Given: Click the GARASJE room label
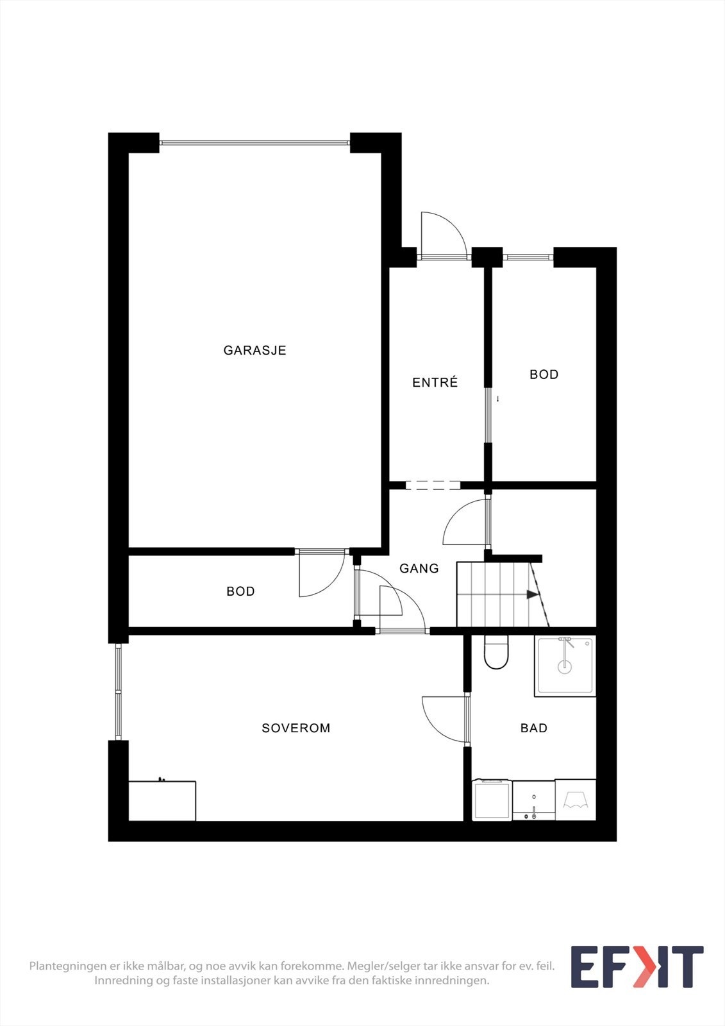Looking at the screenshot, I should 254,350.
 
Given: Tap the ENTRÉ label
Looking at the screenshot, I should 435,383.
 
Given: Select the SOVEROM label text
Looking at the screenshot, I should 296,728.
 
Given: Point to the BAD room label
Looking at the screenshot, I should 533,728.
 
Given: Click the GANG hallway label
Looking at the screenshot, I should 419,568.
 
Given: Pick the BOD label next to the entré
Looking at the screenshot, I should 544,374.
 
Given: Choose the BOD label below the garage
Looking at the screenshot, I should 240,591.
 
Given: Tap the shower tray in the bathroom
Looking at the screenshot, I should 565,666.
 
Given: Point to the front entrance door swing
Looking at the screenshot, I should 442,235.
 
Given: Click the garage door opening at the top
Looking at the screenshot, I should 254,142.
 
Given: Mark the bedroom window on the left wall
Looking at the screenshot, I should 118,691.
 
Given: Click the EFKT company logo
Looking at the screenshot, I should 637,966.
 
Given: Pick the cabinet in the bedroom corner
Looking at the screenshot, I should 162,800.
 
